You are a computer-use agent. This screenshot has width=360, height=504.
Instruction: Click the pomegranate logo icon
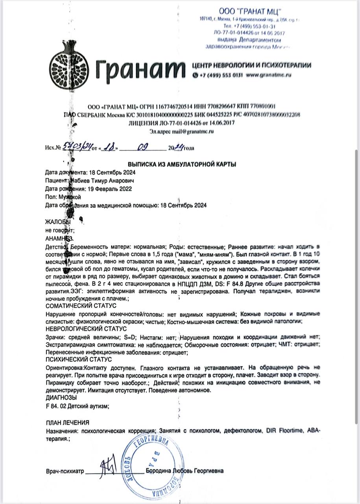click(66, 71)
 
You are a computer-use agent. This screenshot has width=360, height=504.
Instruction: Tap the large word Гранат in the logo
click(139, 70)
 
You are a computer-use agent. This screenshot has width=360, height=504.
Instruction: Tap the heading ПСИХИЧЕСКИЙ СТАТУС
click(79, 359)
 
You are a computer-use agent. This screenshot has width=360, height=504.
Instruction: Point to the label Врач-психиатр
click(65, 471)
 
